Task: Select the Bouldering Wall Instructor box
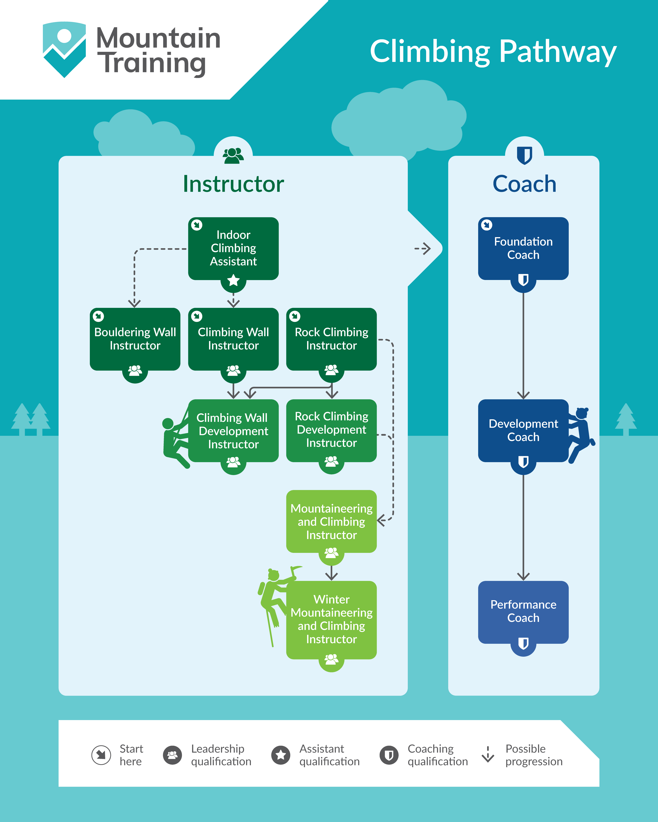coord(135,339)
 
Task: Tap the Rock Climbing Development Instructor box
coord(331,430)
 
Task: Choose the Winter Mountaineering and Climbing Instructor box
coord(331,619)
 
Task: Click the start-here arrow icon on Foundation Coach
coord(486,225)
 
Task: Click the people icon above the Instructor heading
coord(233,155)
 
